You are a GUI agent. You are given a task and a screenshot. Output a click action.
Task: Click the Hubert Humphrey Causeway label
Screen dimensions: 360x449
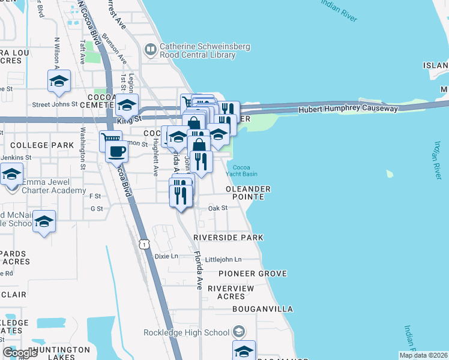pos(348,109)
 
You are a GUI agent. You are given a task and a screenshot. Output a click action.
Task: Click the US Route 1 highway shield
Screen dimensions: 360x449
pos(143,244)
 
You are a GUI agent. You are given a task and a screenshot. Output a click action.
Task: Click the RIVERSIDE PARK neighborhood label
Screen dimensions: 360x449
pos(228,238)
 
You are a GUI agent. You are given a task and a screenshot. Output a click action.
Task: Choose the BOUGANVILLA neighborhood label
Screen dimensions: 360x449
pos(263,309)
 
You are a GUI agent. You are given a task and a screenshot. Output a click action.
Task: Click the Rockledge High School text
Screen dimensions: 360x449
pos(186,332)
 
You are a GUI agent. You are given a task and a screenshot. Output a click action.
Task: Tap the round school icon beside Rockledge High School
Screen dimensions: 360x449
pos(238,332)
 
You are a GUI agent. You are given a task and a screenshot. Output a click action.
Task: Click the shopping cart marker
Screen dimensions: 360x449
pos(110,140)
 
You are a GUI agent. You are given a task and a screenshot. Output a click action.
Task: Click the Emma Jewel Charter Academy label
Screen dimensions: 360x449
pos(54,186)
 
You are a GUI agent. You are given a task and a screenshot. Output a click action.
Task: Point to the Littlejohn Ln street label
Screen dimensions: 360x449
pos(223,259)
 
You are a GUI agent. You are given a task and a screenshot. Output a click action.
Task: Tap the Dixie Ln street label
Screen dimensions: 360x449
pos(166,256)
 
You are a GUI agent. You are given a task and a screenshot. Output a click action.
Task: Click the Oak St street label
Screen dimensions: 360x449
pos(218,208)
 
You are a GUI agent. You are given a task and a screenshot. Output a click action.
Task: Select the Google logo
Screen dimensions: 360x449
pos(20,353)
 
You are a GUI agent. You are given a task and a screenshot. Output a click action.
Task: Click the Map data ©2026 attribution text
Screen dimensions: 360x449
pos(423,355)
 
